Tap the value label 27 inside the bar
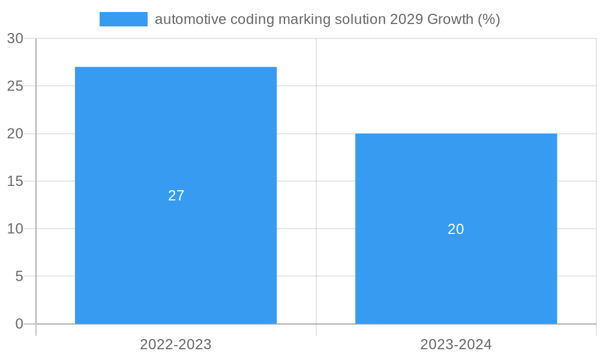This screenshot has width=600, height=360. (176, 196)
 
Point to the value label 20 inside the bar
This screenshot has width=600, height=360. (456, 229)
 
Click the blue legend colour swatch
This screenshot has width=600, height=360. (123, 19)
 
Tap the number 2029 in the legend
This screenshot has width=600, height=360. (406, 19)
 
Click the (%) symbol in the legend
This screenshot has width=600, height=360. (489, 19)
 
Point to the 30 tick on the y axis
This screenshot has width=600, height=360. (15, 38)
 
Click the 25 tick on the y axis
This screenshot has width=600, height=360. (15, 86)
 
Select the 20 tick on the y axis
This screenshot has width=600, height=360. (15, 134)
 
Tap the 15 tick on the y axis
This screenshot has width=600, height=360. (15, 181)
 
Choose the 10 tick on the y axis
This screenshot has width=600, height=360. (15, 229)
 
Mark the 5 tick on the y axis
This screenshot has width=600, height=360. (19, 277)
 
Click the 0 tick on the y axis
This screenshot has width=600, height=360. (19, 324)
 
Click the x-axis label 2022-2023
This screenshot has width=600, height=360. (176, 344)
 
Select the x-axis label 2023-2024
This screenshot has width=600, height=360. (456, 344)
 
